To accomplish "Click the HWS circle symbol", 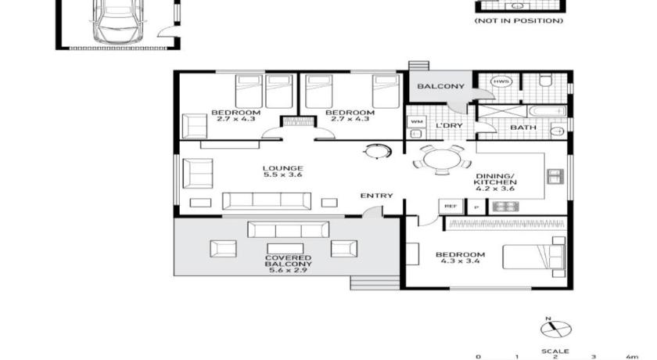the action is [501, 81].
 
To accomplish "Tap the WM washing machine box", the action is [416, 121].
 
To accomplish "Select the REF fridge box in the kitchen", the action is [451, 206].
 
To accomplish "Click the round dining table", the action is [442, 160].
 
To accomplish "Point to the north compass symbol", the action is [555, 328].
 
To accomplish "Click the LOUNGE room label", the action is [283, 168].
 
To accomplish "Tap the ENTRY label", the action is [377, 196].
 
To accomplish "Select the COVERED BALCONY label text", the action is [289, 261].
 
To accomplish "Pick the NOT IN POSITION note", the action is [519, 20].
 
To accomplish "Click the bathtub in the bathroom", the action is [547, 111].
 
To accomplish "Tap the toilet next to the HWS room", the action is [544, 80].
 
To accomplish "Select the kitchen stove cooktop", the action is [505, 206].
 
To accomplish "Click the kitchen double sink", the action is [555, 176].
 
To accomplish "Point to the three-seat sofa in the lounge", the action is [267, 201].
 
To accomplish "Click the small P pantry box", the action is [476, 207].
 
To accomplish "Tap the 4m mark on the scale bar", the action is [632, 357].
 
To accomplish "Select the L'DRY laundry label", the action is [449, 126].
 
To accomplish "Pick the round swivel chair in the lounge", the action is [377, 151].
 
